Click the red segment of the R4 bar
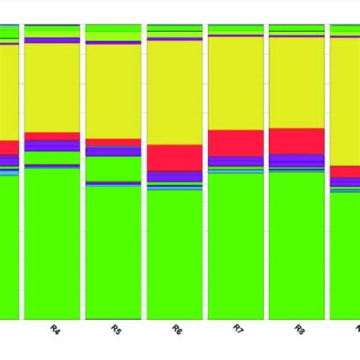point(52,136)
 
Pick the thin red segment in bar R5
point(113,142)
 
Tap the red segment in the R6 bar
point(175,157)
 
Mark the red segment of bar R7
point(235,143)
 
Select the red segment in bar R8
point(296,141)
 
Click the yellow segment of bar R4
point(52,87)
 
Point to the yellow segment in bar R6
point(175,92)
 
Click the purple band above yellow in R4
point(52,40)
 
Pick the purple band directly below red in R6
point(175,176)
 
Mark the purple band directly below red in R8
point(296,160)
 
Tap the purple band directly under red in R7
point(235,161)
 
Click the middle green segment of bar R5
point(113,169)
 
